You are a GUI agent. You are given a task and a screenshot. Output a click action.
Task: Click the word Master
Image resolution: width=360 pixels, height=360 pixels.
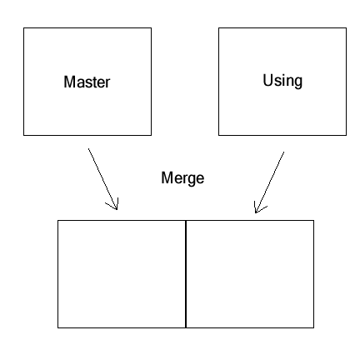[87, 82]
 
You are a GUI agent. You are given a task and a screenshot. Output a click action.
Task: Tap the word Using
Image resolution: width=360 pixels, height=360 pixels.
[282, 81]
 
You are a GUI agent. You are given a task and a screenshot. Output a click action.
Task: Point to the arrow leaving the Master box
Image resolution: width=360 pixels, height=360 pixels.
[102, 178]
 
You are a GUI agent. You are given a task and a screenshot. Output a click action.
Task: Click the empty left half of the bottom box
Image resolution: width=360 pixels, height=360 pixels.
[122, 273]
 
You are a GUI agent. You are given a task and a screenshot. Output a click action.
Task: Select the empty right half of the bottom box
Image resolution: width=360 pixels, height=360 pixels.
[249, 273]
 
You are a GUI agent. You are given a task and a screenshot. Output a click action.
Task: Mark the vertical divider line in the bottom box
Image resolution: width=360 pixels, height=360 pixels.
[185, 273]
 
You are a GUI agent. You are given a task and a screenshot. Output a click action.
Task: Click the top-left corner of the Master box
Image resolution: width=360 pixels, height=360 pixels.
[23, 28]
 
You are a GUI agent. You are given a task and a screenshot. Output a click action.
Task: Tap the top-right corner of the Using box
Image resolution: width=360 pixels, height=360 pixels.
[346, 28]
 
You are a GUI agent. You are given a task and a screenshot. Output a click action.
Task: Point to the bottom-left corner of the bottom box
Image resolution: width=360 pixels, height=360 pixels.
[57, 327]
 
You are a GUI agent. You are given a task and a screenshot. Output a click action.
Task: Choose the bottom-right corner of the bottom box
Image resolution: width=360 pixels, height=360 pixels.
[313, 327]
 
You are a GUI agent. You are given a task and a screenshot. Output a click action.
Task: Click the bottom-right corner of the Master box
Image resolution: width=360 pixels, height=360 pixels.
[152, 134]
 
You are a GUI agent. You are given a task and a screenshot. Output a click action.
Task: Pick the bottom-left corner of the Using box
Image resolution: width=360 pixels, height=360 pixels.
[218, 134]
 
